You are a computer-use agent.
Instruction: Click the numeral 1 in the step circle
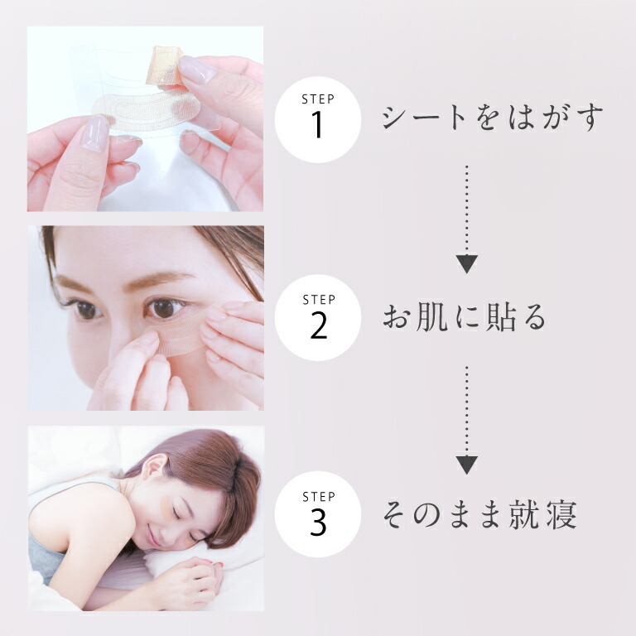[317, 124]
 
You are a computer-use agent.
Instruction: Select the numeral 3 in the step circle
[318, 522]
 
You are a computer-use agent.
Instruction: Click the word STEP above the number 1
[318, 99]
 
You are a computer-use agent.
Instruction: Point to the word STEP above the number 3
[319, 497]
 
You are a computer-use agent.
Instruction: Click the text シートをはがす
[493, 118]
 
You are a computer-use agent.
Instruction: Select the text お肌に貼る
[465, 317]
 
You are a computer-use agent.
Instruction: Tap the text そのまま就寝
[479, 515]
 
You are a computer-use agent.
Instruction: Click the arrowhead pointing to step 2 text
[467, 263]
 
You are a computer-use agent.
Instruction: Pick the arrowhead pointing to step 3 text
[467, 465]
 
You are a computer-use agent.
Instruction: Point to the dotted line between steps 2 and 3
[467, 411]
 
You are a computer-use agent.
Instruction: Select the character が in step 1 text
[556, 118]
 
